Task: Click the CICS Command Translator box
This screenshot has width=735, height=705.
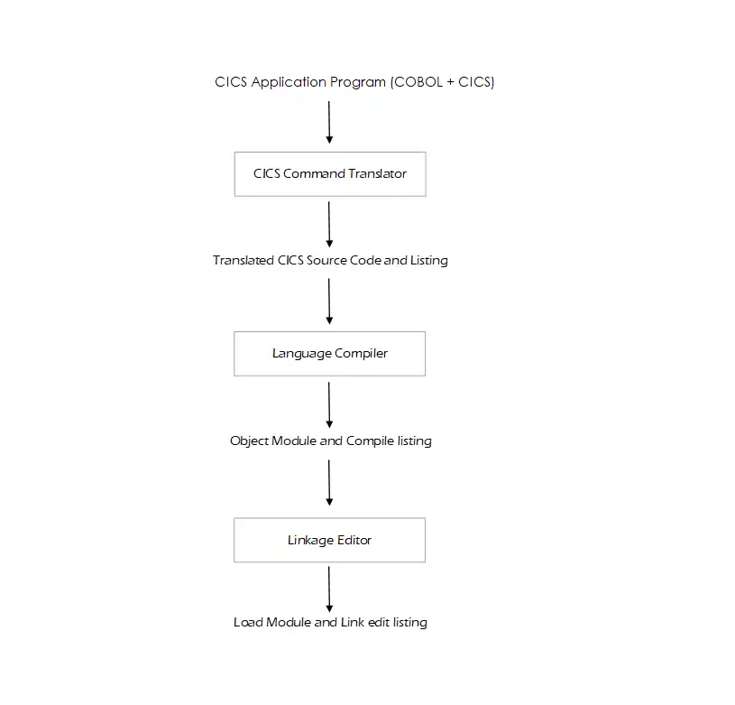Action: point(329,174)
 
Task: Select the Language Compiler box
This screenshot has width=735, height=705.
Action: point(329,354)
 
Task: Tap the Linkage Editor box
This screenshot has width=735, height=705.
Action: point(329,541)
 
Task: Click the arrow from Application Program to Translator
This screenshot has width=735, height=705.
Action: point(329,122)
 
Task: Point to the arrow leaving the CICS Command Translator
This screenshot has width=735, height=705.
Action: point(329,224)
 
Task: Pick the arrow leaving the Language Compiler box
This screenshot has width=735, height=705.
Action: point(329,404)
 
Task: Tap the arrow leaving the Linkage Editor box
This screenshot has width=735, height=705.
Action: point(329,589)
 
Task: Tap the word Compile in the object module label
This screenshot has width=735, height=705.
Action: point(371,441)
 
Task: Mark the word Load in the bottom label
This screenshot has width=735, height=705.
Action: point(248,623)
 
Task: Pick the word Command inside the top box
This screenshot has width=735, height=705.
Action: point(312,174)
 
